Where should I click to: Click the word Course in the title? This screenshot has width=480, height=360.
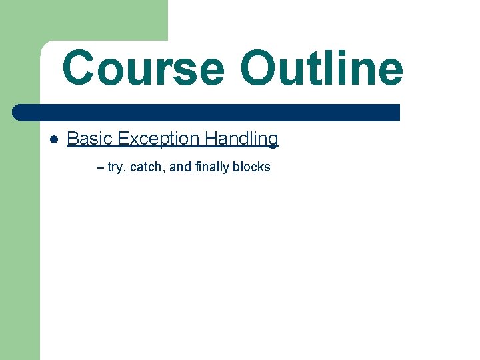click(x=143, y=69)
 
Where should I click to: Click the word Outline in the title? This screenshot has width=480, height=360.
click(x=321, y=69)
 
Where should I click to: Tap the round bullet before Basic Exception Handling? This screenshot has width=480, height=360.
click(x=54, y=140)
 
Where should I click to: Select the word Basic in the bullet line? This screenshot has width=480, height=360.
click(x=89, y=139)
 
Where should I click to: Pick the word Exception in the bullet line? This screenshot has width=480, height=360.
click(x=159, y=139)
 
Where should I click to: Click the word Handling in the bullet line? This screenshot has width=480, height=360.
click(x=241, y=139)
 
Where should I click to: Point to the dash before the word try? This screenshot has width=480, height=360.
click(x=100, y=167)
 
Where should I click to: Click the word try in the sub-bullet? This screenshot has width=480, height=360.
click(x=115, y=167)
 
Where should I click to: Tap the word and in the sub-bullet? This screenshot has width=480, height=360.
click(x=180, y=167)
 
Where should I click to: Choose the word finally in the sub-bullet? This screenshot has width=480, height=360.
click(x=212, y=167)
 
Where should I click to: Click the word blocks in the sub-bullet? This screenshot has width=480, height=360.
click(x=251, y=167)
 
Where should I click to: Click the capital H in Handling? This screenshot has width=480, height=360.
click(x=211, y=139)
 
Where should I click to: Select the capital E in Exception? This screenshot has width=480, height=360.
click(x=122, y=139)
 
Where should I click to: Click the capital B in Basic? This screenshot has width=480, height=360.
click(x=72, y=139)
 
